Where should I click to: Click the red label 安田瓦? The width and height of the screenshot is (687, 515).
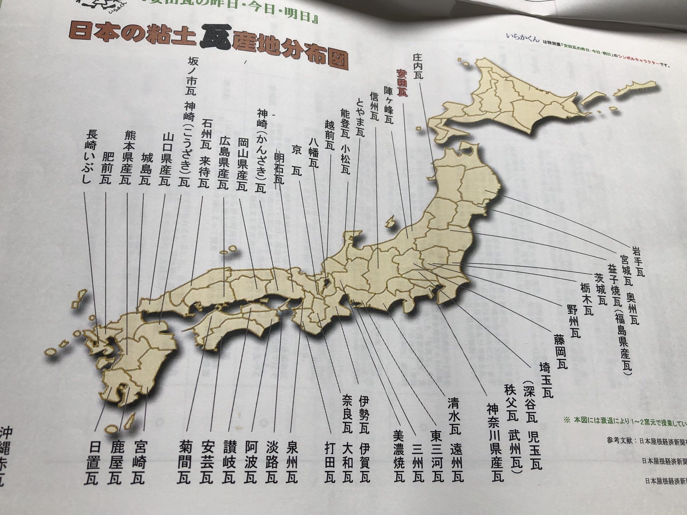[x=402, y=83]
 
